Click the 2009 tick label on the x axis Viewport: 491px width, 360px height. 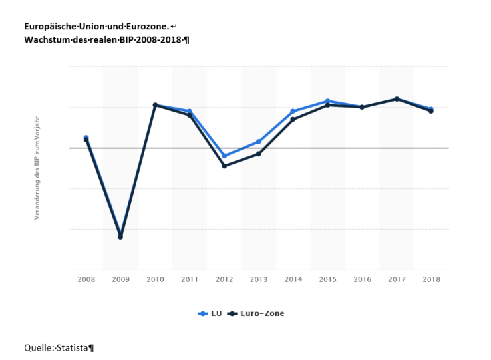point(120,280)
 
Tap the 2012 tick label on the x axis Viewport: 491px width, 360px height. point(224,280)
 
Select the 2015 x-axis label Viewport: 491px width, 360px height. point(327,280)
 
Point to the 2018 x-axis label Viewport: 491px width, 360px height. point(431,280)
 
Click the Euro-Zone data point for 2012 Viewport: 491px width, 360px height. point(224,166)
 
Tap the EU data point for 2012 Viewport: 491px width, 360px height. point(224,156)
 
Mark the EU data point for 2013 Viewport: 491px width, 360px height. point(259,142)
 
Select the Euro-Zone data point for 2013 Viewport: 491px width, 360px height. point(259,154)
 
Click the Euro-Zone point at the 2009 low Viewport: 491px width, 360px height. point(120,237)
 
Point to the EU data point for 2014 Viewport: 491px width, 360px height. point(293,111)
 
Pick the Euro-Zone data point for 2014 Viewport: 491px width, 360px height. point(293,119)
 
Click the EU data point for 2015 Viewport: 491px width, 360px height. point(327,101)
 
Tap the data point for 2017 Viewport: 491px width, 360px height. point(397,99)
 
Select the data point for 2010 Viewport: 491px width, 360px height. point(155,105)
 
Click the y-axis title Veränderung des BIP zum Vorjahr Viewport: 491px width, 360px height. point(37,168)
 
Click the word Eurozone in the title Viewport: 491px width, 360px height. point(146,26)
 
